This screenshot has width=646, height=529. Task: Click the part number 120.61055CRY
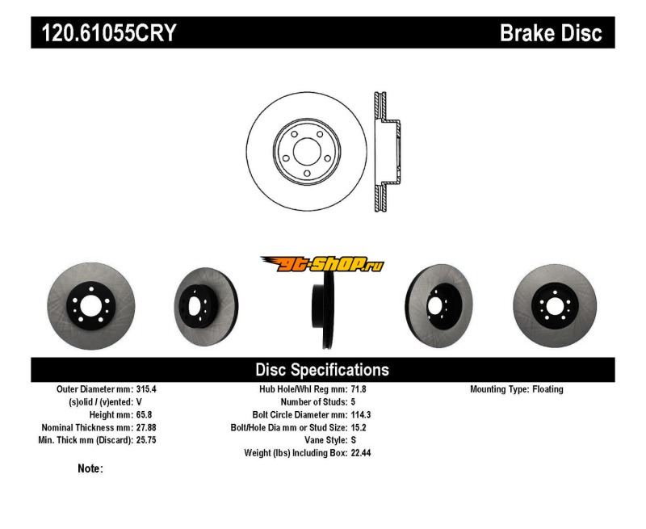[x=104, y=33]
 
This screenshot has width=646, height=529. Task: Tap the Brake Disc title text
[x=551, y=33]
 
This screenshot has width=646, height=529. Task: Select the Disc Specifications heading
[x=322, y=370]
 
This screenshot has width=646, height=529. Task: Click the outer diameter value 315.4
[x=146, y=389]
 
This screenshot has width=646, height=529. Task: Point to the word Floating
[x=548, y=389]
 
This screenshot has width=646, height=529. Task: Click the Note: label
[x=90, y=468]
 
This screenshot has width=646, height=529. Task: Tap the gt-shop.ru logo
[x=322, y=263]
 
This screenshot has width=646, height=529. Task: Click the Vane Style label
[x=321, y=440]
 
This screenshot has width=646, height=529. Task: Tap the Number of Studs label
[x=313, y=402]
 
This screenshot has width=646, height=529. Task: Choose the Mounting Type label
[x=499, y=389]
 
